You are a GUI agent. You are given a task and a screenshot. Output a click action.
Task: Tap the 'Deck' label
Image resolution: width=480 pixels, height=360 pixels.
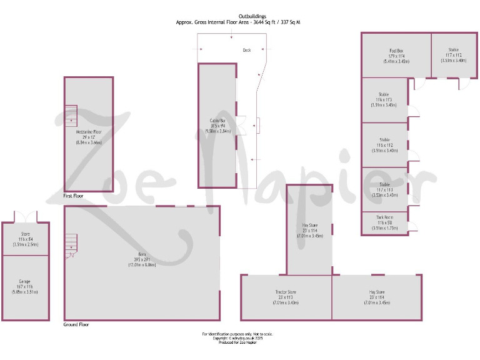click(x=247, y=50)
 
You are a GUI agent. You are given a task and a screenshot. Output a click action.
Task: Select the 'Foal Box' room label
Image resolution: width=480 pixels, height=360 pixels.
click(x=396, y=50)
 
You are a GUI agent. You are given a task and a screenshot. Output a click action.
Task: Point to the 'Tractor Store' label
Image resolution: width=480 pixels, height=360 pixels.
click(x=286, y=292)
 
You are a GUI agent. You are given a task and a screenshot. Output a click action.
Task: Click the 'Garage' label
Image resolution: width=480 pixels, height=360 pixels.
click(x=25, y=281)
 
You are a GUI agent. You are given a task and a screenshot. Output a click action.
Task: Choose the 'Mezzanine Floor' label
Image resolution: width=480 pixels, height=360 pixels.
click(x=87, y=132)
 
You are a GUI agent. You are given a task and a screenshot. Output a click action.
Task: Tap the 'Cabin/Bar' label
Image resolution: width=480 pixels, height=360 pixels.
click(x=217, y=121)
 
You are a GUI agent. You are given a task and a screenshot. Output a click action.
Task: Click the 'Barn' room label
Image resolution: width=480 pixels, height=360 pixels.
click(x=142, y=254)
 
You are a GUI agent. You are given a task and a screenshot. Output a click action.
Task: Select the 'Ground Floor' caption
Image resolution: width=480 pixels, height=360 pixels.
click(x=76, y=325)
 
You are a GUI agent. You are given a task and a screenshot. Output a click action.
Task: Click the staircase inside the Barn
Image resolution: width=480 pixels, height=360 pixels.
click(x=71, y=244)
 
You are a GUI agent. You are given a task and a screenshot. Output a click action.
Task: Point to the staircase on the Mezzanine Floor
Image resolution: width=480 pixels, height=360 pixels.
click(x=70, y=114)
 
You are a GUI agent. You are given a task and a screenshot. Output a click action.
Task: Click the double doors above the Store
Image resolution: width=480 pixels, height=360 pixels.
click(x=26, y=216)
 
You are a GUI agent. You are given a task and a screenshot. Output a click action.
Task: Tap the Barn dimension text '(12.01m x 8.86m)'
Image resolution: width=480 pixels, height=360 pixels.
click(x=142, y=265)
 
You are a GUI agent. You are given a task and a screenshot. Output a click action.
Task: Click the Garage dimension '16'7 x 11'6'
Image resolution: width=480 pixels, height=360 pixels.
click(x=25, y=286)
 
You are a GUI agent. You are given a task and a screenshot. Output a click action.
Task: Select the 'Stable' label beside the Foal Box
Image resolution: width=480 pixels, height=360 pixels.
click(x=453, y=50)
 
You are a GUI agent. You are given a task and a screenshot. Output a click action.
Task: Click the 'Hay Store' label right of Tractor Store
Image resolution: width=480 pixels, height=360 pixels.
click(x=377, y=292)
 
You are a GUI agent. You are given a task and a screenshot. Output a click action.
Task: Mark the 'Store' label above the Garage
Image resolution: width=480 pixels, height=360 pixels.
click(x=25, y=234)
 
